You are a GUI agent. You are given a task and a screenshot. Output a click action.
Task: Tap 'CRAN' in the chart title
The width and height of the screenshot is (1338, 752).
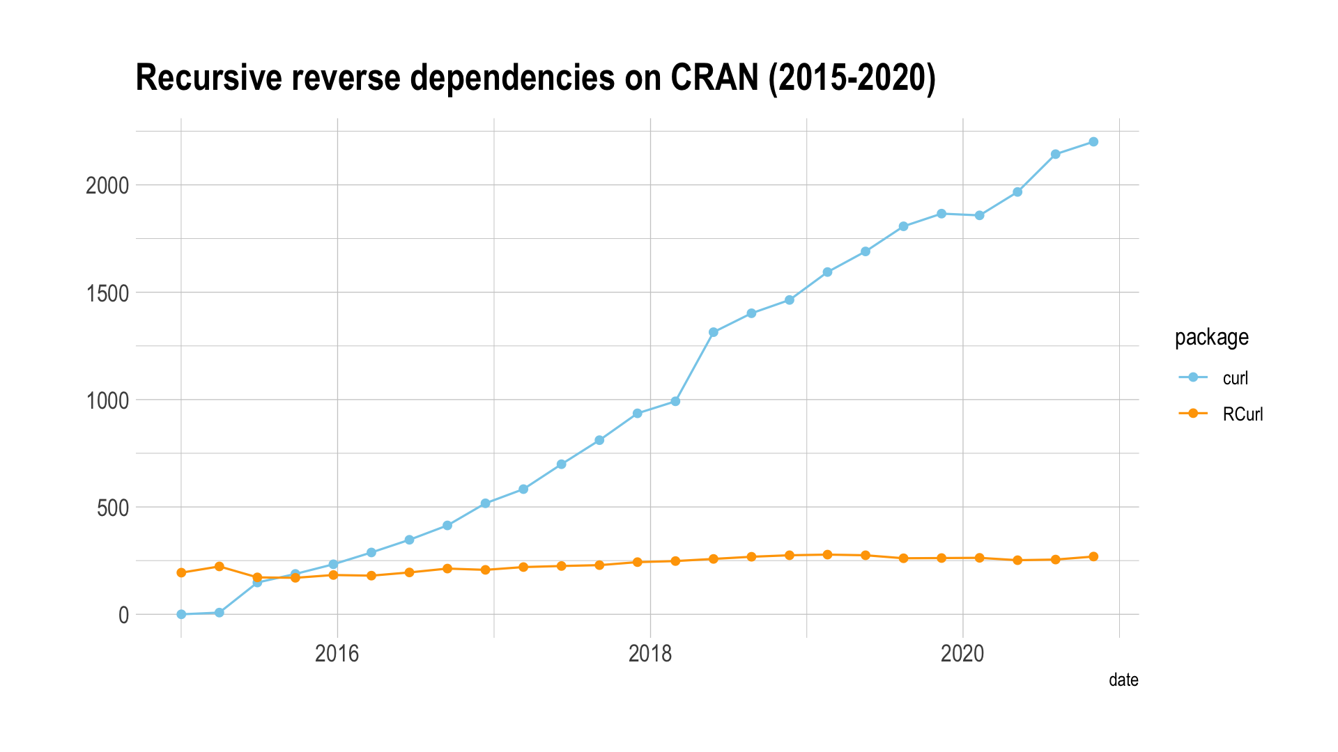click(714, 78)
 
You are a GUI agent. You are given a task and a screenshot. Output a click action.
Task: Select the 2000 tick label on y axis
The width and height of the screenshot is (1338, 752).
click(107, 186)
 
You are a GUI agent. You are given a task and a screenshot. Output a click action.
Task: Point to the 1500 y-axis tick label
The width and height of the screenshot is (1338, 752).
click(107, 293)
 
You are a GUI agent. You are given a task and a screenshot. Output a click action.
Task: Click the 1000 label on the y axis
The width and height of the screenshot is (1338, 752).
click(107, 400)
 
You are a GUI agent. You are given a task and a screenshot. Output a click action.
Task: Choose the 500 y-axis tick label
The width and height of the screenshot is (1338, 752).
click(113, 508)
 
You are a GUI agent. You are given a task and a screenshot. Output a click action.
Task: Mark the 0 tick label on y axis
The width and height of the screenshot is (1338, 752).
click(124, 616)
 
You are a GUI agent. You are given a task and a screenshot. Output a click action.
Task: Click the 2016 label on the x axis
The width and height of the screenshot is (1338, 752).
click(337, 654)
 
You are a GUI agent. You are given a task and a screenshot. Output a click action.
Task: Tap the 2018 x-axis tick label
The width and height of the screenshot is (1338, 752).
click(650, 654)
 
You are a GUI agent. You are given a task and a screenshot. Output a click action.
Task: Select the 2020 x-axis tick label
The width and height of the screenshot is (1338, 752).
click(962, 654)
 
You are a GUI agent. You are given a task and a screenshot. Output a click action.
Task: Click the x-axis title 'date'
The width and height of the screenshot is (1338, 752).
click(1123, 680)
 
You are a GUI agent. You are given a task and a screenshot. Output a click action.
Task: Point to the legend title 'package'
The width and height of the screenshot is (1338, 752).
click(1211, 338)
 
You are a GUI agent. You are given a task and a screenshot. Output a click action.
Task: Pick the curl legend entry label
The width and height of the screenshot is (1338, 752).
click(1236, 378)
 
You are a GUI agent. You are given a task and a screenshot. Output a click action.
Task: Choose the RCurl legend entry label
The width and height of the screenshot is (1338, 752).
click(1243, 414)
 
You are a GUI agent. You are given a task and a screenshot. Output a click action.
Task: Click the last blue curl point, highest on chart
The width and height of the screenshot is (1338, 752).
click(1093, 142)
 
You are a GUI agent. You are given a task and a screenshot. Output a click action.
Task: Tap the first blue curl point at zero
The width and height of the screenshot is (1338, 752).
click(181, 614)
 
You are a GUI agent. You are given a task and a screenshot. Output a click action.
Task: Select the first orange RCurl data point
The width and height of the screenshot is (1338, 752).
click(181, 572)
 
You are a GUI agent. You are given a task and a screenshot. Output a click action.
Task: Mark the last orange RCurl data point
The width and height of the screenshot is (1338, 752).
click(1093, 556)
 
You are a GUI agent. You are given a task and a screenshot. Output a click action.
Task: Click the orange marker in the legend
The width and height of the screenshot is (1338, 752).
click(1193, 414)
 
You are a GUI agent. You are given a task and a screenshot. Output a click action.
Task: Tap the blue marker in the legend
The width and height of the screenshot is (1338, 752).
click(1193, 377)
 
